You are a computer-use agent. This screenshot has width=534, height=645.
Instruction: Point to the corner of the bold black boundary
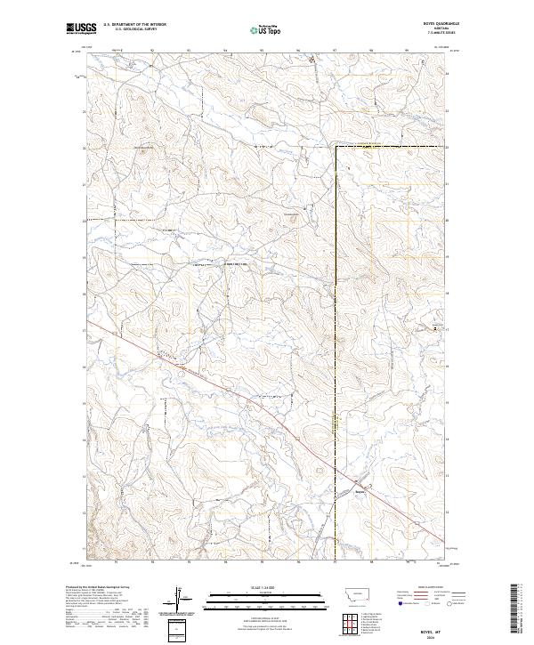coord(336,146)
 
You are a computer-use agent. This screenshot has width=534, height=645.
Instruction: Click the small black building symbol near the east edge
coord(435,329)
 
